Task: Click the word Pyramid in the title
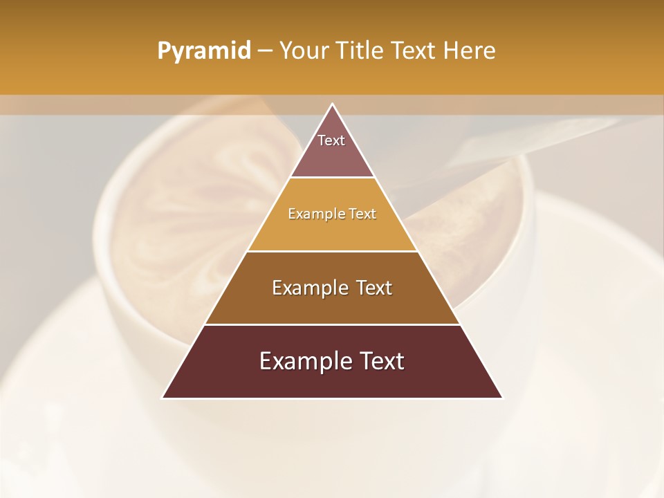click(203, 51)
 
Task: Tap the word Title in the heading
click(359, 51)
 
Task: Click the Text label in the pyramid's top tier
click(331, 140)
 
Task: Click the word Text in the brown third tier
click(373, 288)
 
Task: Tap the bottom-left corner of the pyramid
click(163, 398)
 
